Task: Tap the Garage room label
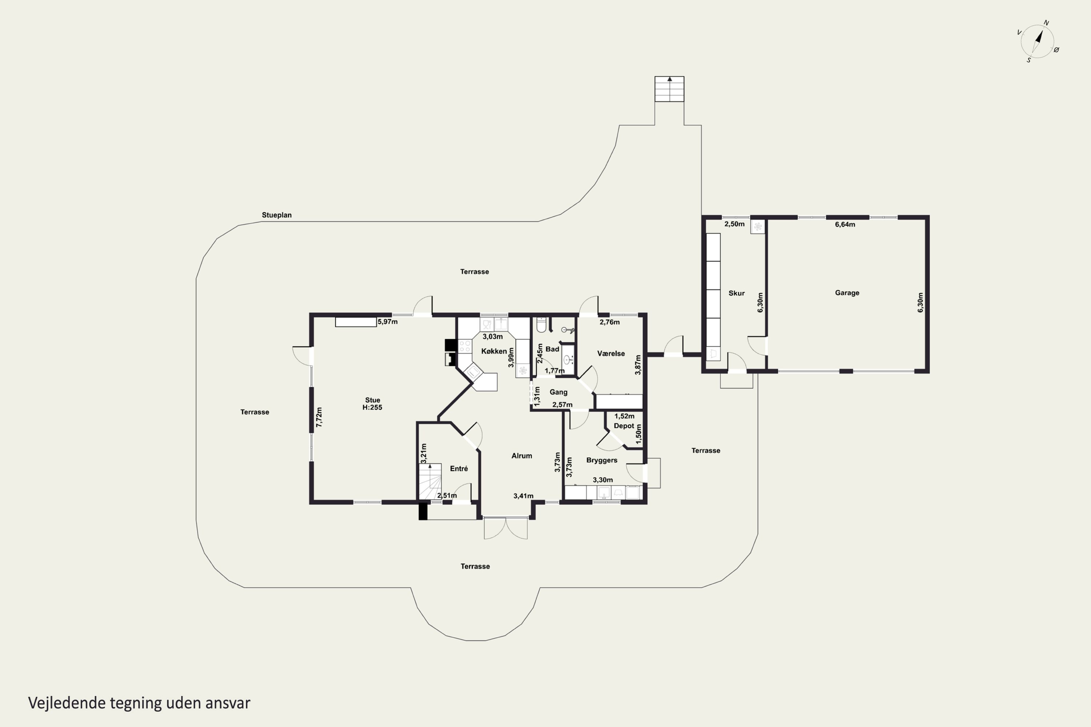847,293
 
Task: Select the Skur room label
737,293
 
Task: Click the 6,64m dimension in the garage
845,224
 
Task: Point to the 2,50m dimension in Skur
734,224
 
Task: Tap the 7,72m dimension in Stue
319,417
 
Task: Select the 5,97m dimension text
387,322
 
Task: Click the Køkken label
494,351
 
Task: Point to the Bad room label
552,349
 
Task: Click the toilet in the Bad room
541,325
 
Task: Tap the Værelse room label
611,353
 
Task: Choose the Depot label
624,426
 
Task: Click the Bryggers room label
602,460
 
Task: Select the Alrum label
521,456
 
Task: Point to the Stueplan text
276,215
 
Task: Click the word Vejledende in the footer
67,703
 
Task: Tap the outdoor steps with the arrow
670,89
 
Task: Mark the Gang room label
559,392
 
